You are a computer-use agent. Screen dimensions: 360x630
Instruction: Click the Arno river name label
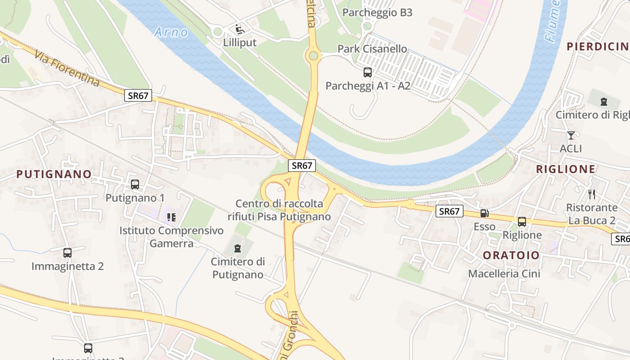171,32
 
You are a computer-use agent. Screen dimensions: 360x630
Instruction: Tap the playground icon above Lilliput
240,30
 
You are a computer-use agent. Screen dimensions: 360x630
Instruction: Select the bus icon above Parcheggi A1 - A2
368,72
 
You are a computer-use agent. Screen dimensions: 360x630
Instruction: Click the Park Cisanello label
372,49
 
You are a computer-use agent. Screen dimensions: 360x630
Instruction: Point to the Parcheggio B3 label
377,13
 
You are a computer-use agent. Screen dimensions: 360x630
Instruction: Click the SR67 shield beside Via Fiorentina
139,95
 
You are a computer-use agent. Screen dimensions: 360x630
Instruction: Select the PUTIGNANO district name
54,174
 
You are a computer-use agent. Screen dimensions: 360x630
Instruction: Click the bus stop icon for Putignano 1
135,184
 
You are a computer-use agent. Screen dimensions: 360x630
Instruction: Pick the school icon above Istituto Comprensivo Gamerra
171,217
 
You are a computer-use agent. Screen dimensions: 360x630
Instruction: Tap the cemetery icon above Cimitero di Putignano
238,248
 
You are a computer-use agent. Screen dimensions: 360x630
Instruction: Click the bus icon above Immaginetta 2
67,253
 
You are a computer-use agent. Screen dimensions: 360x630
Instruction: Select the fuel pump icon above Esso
485,213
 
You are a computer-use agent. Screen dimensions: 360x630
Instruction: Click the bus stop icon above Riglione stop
522,221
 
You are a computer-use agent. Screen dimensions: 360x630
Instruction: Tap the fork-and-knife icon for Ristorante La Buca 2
592,194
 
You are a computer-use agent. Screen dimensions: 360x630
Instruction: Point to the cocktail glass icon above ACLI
571,135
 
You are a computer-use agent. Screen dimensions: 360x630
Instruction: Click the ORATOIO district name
511,255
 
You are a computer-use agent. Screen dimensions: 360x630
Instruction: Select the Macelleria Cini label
504,274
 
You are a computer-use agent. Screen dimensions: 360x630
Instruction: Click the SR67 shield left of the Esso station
449,211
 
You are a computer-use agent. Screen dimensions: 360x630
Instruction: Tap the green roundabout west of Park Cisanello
314,56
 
